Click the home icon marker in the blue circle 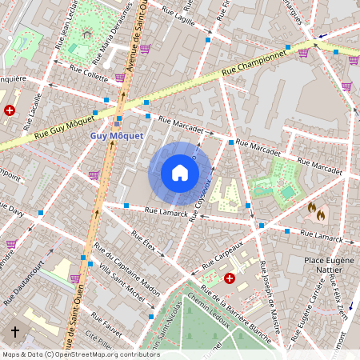click(x=180, y=173)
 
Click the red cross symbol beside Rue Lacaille click(x=10, y=110)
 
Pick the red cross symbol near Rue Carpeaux click(x=230, y=278)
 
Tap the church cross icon click(x=14, y=331)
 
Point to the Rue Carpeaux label click(x=222, y=255)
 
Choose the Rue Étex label click(x=144, y=241)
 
